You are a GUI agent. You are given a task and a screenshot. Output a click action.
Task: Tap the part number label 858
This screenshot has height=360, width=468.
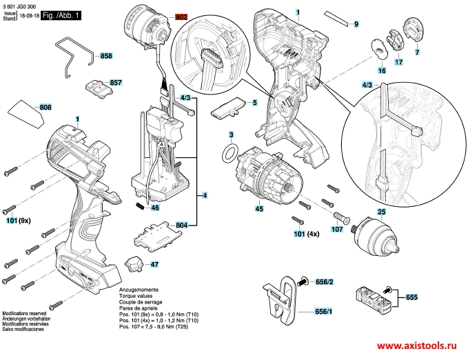105,55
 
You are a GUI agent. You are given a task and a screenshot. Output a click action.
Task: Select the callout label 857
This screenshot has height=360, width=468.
115,82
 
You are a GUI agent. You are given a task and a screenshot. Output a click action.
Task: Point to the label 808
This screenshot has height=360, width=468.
45,107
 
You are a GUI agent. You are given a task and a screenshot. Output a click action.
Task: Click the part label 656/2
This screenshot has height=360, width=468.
325,281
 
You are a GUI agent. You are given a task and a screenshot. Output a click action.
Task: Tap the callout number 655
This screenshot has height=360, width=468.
411,297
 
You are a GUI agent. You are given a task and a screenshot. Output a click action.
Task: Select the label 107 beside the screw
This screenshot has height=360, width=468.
336,229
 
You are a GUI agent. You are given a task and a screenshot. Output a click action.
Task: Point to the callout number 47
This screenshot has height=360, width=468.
154,264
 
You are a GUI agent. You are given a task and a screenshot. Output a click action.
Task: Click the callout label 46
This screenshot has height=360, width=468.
155,207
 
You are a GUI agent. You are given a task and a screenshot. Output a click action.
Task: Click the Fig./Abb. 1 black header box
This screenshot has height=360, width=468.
61,14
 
